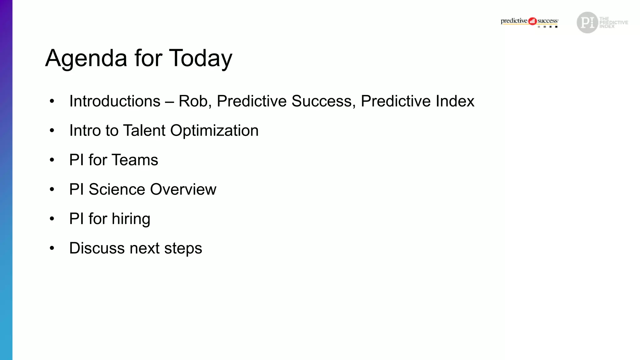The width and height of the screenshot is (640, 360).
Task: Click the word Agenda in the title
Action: click(x=86, y=58)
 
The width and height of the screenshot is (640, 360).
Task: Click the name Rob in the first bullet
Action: click(x=194, y=101)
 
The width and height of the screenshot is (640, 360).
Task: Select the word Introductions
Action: click(x=115, y=101)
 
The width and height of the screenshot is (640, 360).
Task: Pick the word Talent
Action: click(x=144, y=131)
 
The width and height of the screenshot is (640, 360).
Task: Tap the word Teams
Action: click(x=135, y=160)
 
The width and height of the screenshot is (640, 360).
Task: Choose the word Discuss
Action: click(x=97, y=248)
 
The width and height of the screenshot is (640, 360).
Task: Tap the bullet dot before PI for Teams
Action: click(x=52, y=160)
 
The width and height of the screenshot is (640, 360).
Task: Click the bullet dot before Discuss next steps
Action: click(x=52, y=248)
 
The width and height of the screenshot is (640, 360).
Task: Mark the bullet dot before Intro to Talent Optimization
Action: click(x=52, y=131)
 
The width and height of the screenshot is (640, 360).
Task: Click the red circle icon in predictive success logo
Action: click(x=532, y=21)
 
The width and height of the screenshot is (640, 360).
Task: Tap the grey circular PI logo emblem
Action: click(x=587, y=22)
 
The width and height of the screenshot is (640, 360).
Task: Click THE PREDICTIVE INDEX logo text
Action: click(x=613, y=22)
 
